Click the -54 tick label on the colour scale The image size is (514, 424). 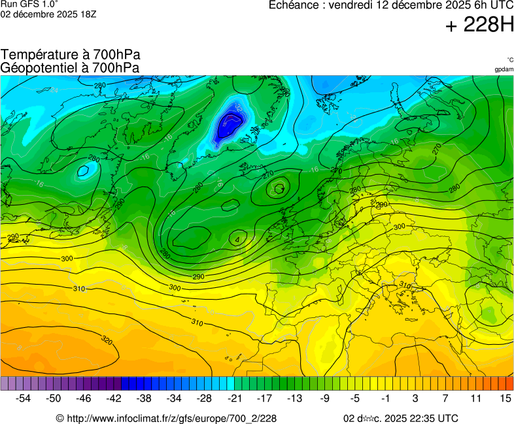24,398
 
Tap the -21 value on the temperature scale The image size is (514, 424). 234,398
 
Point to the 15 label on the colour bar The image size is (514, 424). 505,398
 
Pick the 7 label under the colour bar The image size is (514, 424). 445,398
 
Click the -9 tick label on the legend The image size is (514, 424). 324,398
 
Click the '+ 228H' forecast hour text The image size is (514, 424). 479,26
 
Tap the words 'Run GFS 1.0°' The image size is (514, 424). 29,4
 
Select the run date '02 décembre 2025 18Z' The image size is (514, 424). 48,14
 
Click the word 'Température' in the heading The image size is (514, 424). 37,55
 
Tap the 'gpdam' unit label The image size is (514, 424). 504,69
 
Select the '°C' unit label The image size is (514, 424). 509,60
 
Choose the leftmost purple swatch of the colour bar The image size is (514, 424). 5,383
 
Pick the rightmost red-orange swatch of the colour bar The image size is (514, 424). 509,383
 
